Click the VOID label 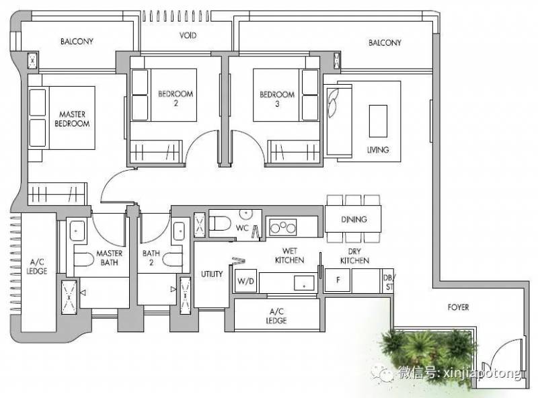pos(188,36)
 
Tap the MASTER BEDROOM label pos(72,119)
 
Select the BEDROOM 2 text pos(176,98)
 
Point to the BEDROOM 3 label pos(277,99)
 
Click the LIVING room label pos(378,150)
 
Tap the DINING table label pos(354,219)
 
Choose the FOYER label pos(458,307)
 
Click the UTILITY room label pos(212,274)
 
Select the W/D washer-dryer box pos(245,281)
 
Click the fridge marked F pos(338,280)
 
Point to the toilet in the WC pos(220,223)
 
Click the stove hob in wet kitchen pos(282,227)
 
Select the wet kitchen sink pos(304,283)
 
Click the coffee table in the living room pos(378,121)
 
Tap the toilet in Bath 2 pos(173,260)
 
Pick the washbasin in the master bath pos(77,231)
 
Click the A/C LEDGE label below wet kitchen pos(276,316)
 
